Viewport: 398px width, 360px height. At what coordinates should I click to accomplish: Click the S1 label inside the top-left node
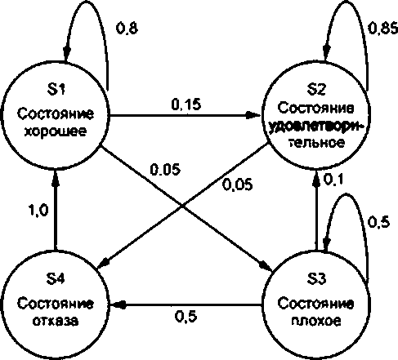pyautogui.click(x=56, y=89)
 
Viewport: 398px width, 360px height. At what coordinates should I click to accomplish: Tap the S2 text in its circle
pyautogui.click(x=316, y=89)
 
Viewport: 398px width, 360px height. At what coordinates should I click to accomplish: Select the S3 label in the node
pyautogui.click(x=316, y=278)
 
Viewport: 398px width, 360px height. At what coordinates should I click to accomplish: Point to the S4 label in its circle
pyautogui.click(x=56, y=278)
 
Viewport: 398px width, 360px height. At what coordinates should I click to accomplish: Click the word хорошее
pyautogui.click(x=56, y=131)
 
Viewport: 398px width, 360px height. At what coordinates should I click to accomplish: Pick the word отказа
pyautogui.click(x=56, y=321)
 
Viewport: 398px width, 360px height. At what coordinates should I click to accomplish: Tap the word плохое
pyautogui.click(x=316, y=321)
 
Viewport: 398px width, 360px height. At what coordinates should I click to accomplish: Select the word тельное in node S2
pyautogui.click(x=316, y=142)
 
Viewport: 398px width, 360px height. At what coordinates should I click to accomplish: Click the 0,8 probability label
pyautogui.click(x=127, y=28)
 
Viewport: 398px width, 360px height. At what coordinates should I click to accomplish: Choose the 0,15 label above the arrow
pyautogui.click(x=186, y=104)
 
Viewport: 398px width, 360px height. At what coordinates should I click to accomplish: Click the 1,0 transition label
pyautogui.click(x=38, y=211)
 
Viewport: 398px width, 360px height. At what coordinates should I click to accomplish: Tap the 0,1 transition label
pyautogui.click(x=333, y=179)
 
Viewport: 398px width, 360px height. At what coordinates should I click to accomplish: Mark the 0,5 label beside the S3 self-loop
pyautogui.click(x=378, y=222)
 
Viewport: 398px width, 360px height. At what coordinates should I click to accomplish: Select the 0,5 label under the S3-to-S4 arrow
pyautogui.click(x=186, y=317)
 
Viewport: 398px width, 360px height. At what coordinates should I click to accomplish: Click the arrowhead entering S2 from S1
pyautogui.click(x=253, y=115)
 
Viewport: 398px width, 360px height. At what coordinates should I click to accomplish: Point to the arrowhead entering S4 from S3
pyautogui.click(x=118, y=304)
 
